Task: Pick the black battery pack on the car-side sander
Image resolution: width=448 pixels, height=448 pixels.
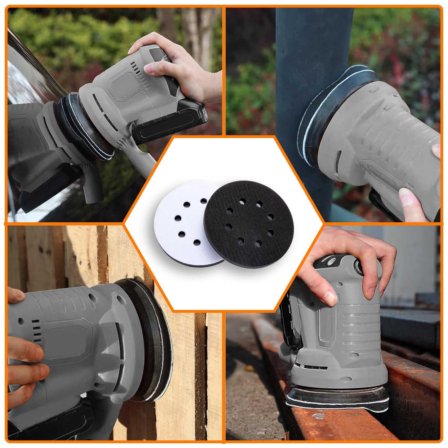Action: pyautogui.click(x=167, y=124)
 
